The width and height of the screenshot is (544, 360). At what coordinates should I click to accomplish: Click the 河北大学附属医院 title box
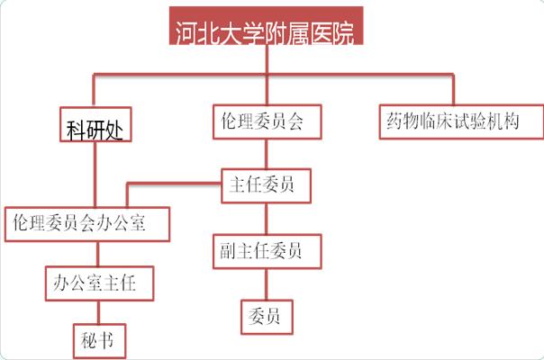(x=267, y=31)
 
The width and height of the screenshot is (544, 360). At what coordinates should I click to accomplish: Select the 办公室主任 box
(x=98, y=283)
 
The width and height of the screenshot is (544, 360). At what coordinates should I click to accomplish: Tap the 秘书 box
(x=98, y=340)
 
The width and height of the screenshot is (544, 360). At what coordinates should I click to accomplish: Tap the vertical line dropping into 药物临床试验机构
(x=453, y=90)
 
